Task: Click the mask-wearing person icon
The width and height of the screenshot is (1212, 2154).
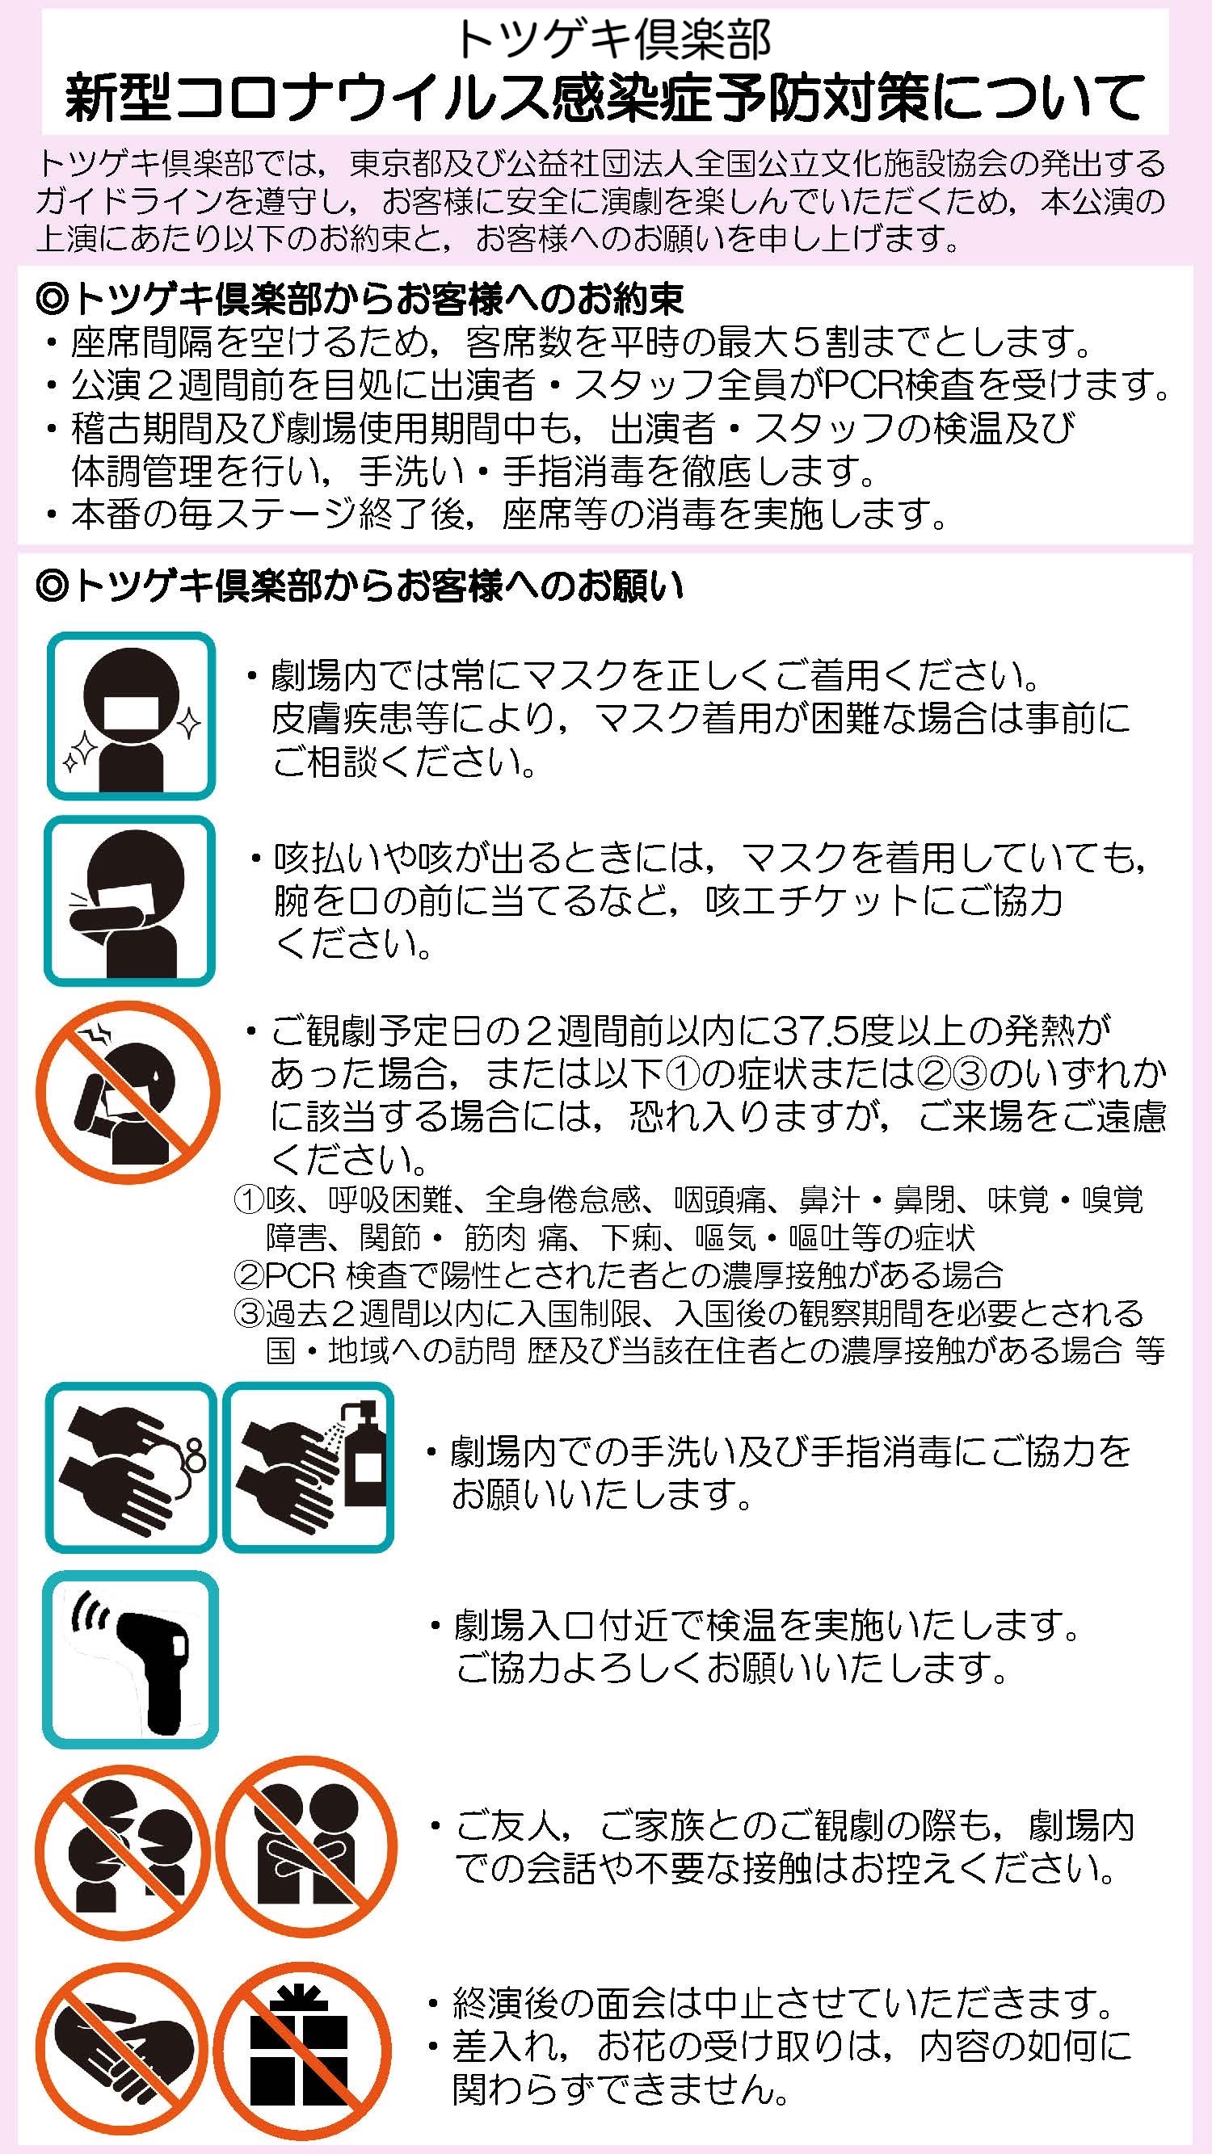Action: (x=130, y=716)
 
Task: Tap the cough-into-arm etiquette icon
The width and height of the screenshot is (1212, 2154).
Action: (x=129, y=901)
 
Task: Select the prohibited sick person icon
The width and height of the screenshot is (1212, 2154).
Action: (x=128, y=1094)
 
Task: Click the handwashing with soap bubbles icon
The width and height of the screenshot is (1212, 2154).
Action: (x=130, y=1467)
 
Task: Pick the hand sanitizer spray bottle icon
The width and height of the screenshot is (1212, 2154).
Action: (x=308, y=1467)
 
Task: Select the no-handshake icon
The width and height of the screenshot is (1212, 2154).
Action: (x=121, y=2043)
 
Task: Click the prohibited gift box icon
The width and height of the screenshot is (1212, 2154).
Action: (x=303, y=2043)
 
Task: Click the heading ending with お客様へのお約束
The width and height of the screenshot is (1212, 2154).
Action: (x=360, y=298)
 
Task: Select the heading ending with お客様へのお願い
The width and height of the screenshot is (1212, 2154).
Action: (x=360, y=586)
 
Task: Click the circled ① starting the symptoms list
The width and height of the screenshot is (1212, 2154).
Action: (x=248, y=1201)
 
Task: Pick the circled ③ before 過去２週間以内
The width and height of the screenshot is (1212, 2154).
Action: (x=248, y=1312)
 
